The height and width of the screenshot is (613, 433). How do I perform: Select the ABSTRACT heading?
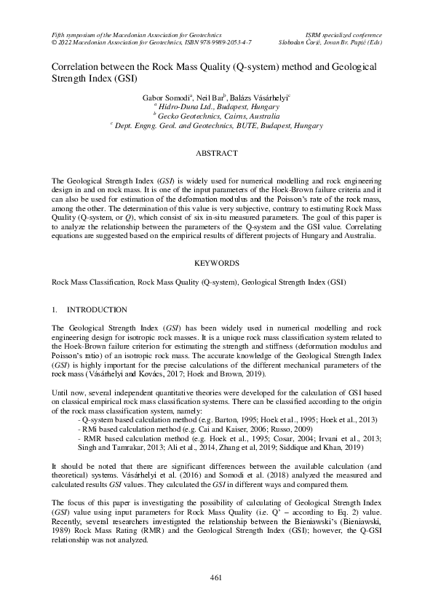(216, 154)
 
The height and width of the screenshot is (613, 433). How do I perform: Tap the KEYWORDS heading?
(215, 261)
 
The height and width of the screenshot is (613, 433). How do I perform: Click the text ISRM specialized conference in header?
(344, 34)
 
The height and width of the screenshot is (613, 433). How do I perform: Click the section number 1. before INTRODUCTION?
(55, 309)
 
